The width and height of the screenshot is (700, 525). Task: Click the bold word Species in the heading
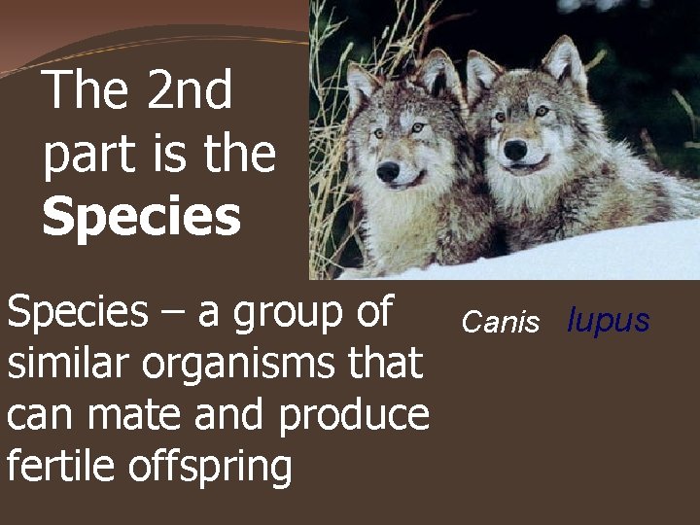[141, 217]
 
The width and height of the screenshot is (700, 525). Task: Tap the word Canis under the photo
[500, 323]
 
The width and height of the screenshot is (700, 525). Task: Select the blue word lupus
[609, 321]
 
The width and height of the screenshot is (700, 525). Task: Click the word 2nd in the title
[191, 91]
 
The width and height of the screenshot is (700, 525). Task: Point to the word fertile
[60, 466]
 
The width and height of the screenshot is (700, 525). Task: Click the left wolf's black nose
[388, 171]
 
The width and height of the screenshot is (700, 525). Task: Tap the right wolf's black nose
[515, 149]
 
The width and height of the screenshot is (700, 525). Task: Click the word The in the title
[87, 91]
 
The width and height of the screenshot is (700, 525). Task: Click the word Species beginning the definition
[77, 314]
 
